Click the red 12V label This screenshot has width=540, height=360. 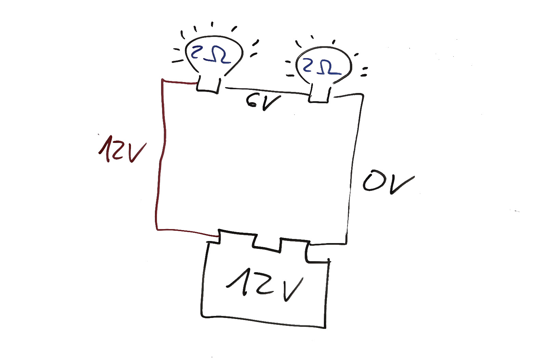click(122, 149)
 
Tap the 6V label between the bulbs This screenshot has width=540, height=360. click(263, 102)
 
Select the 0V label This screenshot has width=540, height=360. click(388, 182)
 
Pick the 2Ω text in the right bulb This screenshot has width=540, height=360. click(321, 67)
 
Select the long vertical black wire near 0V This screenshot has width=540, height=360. click(353, 169)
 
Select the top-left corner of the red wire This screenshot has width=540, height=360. click(162, 80)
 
